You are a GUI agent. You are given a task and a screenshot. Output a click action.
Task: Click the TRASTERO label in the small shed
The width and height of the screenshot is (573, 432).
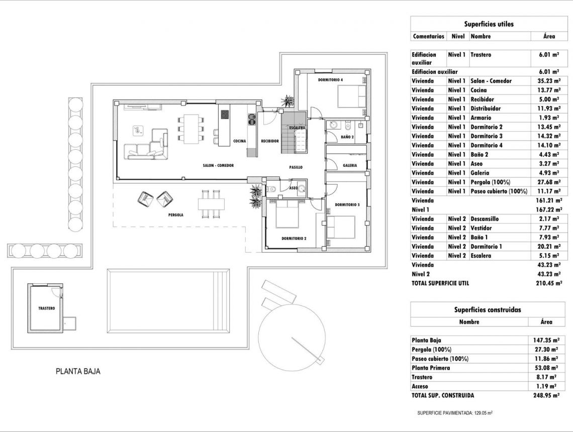[46, 308]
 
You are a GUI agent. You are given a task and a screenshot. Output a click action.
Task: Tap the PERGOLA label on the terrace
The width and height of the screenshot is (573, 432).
[175, 214]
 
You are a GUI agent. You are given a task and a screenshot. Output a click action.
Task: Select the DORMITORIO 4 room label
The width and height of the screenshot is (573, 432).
[330, 80]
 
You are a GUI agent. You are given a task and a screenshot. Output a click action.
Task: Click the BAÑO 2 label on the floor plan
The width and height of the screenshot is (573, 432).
[347, 137]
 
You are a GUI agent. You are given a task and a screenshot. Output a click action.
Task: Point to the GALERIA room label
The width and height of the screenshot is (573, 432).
[350, 165]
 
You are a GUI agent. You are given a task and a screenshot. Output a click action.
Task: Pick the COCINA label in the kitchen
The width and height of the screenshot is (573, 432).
[240, 141]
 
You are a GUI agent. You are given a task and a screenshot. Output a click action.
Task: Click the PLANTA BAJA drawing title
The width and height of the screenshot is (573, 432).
[78, 372]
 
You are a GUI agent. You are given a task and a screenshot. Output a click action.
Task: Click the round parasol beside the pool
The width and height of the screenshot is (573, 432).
[292, 330]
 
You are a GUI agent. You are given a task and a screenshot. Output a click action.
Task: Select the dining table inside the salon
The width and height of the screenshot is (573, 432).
[192, 128]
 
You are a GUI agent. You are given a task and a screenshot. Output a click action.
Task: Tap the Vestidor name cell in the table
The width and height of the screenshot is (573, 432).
[481, 228]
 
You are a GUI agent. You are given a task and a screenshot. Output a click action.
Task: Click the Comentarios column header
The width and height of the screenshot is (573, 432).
[428, 36]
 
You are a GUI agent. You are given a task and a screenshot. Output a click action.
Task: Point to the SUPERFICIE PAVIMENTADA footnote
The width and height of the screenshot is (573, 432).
[455, 413]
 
